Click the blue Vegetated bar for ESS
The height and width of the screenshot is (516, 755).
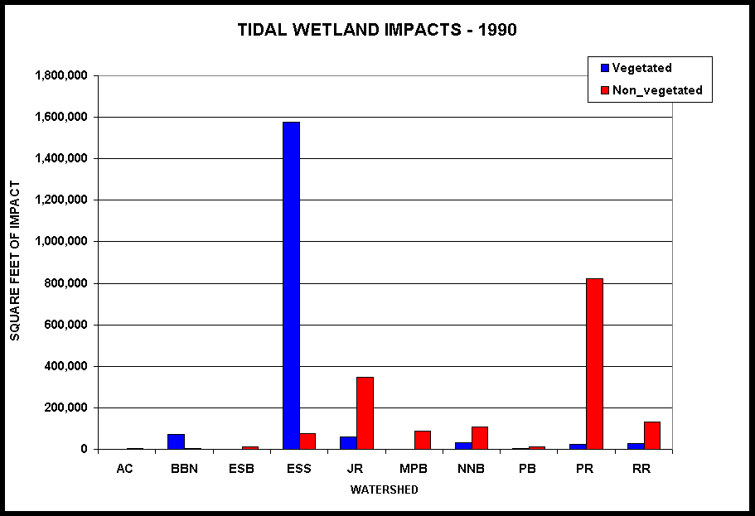click(291, 286)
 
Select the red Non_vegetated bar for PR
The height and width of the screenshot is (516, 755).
click(594, 364)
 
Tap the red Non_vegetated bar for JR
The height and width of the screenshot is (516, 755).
click(365, 412)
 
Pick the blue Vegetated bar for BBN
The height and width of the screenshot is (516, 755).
click(176, 441)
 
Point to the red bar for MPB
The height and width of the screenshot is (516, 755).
click(422, 440)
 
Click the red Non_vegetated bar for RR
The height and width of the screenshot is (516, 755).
click(652, 436)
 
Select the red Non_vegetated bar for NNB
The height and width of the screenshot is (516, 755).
click(480, 438)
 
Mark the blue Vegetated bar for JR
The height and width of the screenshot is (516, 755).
click(348, 443)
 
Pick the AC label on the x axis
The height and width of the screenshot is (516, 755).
click(124, 469)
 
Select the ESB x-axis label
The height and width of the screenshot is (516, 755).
click(240, 469)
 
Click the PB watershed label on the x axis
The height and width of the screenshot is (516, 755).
click(527, 469)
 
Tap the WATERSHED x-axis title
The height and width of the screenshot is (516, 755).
click(384, 489)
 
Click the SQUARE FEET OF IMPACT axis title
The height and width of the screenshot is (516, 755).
click(15, 261)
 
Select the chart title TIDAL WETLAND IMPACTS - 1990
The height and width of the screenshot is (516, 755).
click(377, 30)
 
